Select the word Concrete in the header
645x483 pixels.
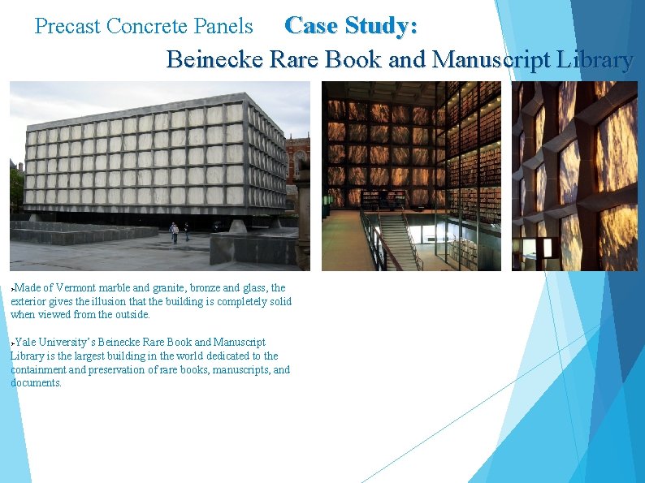[149, 26]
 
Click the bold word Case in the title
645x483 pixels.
[312, 26]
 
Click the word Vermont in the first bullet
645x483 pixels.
[74, 288]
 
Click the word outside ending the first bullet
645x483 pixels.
[132, 315]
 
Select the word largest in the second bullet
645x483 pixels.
[102, 356]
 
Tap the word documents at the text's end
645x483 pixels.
[36, 383]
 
